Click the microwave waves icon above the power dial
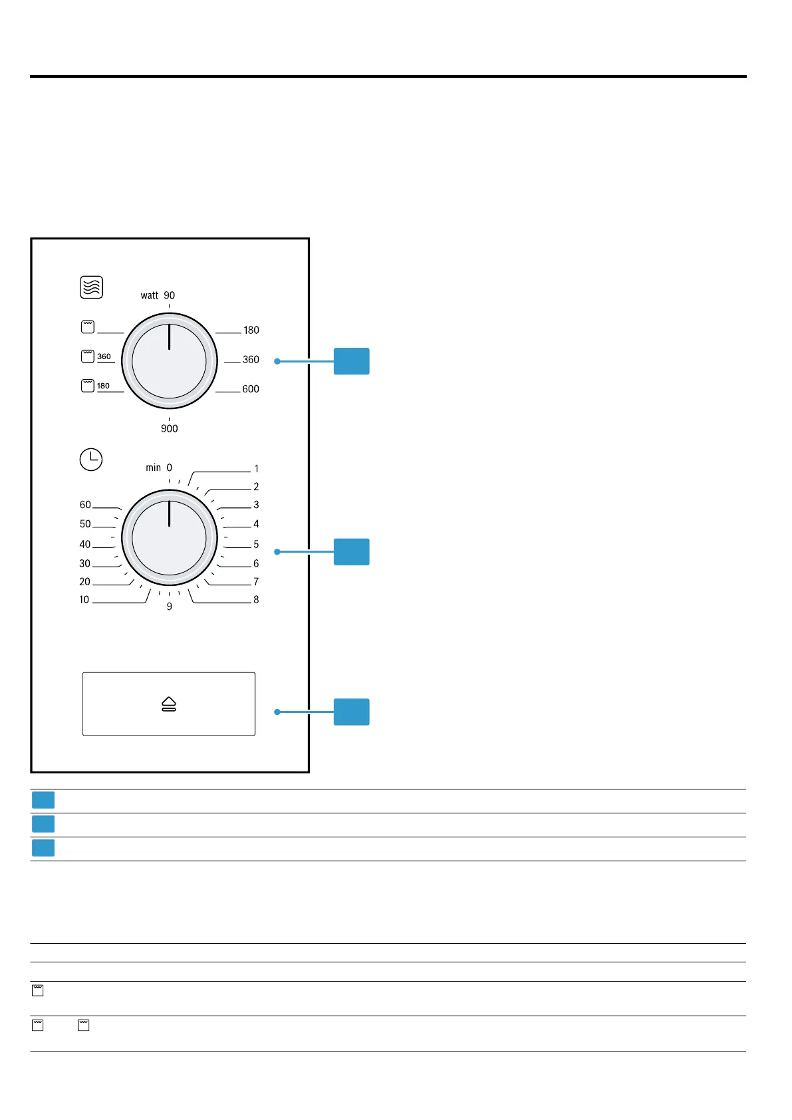click(91, 287)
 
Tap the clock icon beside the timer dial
click(91, 460)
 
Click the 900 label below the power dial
click(170, 429)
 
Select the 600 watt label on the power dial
click(251, 389)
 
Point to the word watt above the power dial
click(150, 296)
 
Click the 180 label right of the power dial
click(251, 331)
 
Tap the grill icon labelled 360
click(88, 356)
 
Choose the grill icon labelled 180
click(88, 386)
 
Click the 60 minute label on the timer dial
click(85, 505)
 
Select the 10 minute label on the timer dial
click(84, 600)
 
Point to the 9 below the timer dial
click(170, 607)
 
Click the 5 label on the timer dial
click(256, 544)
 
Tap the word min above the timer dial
click(153, 468)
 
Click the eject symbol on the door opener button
click(169, 704)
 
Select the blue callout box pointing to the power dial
click(351, 361)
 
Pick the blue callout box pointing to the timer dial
click(351, 551)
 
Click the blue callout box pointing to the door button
click(351, 712)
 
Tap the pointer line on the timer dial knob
click(170, 513)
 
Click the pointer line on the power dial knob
click(170, 337)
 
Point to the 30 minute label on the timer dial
click(84, 563)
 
